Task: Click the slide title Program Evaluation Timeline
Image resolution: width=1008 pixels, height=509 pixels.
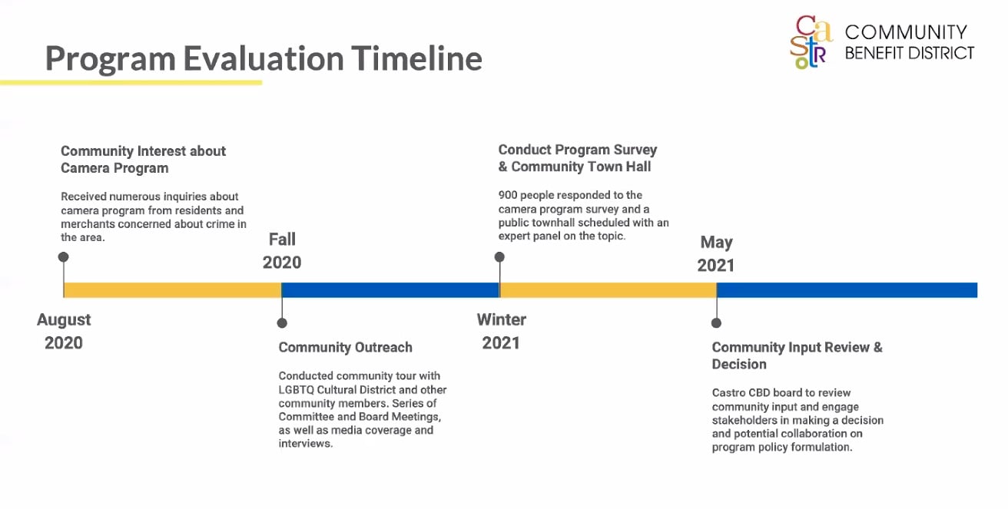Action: click(x=264, y=59)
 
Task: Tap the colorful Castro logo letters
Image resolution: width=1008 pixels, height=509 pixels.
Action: click(x=811, y=41)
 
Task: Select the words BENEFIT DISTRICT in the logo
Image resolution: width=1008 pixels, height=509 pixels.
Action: click(x=910, y=53)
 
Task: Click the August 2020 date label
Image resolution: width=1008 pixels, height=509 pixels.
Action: click(x=64, y=332)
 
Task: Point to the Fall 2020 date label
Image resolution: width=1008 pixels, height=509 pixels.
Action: click(x=282, y=251)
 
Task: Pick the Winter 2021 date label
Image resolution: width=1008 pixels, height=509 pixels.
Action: click(x=501, y=332)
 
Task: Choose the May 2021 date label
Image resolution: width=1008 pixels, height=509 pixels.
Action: click(x=716, y=253)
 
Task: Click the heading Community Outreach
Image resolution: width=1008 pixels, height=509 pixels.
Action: click(x=345, y=347)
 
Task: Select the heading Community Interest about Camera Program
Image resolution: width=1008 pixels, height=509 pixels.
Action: click(x=143, y=159)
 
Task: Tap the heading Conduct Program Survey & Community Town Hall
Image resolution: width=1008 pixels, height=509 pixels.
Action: click(x=577, y=158)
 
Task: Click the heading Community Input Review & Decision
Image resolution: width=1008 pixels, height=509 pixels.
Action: click(x=797, y=355)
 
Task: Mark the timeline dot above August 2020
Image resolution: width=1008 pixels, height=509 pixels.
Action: click(x=64, y=256)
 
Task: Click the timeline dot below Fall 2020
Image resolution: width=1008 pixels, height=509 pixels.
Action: click(x=282, y=323)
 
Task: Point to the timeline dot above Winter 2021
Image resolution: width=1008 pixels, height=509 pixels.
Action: click(x=499, y=256)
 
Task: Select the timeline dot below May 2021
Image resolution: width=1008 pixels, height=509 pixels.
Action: click(x=716, y=323)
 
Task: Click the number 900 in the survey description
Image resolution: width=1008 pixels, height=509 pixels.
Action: click(x=507, y=195)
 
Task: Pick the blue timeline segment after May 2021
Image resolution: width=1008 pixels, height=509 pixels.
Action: click(x=847, y=290)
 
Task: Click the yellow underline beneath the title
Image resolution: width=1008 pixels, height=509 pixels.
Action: click(x=131, y=82)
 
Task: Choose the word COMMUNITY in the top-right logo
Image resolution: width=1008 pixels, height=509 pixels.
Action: click(x=906, y=32)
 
